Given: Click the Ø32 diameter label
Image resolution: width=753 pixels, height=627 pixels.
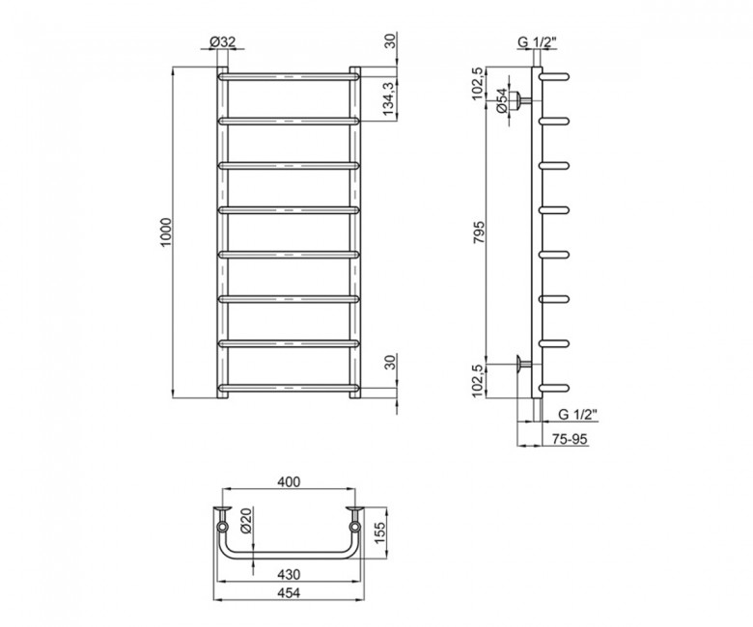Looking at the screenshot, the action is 222,42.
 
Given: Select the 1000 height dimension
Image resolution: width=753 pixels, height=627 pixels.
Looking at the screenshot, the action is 166,232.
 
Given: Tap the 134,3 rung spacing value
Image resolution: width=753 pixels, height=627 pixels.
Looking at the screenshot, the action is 389,98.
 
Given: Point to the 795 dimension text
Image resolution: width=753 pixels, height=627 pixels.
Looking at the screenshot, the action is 479,232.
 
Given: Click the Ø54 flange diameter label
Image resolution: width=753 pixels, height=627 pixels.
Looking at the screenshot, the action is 501,100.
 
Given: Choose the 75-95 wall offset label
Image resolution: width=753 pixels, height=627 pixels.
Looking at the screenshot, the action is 570,439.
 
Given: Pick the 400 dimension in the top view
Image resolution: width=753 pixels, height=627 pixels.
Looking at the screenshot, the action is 289,481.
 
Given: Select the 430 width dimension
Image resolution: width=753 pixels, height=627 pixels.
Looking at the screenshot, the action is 289,574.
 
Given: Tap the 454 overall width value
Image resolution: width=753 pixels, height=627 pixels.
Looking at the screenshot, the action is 289,592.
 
